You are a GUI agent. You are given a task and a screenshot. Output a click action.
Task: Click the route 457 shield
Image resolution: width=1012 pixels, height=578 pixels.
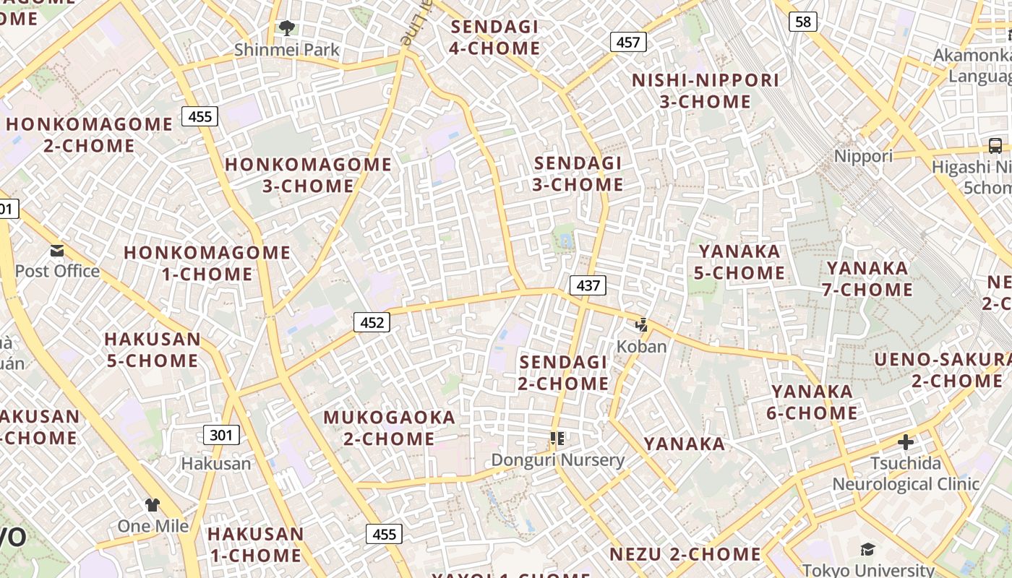pyautogui.click(x=627, y=42)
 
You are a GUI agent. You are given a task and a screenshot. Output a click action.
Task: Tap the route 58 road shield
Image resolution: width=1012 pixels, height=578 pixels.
pyautogui.click(x=802, y=22)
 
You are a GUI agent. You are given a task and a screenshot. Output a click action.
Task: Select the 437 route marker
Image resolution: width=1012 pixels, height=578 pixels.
pyautogui.click(x=588, y=285)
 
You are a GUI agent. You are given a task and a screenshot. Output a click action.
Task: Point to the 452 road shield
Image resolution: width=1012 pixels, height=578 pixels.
pyautogui.click(x=372, y=322)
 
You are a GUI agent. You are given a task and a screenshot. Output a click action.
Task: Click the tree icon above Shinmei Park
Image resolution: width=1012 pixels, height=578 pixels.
pyautogui.click(x=287, y=29)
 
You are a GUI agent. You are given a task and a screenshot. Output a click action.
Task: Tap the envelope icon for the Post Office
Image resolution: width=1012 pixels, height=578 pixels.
pyautogui.click(x=57, y=251)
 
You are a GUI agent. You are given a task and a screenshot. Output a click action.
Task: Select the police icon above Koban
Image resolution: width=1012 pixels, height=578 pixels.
pyautogui.click(x=641, y=326)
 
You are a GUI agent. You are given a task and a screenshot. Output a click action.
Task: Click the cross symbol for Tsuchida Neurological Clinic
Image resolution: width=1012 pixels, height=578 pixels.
pyautogui.click(x=905, y=441)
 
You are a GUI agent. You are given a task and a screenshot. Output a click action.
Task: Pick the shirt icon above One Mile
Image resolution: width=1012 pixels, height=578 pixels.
pyautogui.click(x=153, y=505)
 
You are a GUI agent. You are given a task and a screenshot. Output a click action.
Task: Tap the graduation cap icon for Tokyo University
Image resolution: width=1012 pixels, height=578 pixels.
pyautogui.click(x=867, y=551)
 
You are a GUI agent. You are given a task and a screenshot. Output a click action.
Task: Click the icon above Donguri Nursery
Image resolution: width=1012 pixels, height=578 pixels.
pyautogui.click(x=557, y=439)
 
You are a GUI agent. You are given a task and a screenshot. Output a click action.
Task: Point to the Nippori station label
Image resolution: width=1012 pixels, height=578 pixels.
pyautogui.click(x=863, y=156)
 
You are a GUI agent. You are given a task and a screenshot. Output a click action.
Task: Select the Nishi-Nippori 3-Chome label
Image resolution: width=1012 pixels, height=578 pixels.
pyautogui.click(x=706, y=91)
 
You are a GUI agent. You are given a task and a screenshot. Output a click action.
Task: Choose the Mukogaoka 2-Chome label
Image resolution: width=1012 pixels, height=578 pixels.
pyautogui.click(x=389, y=428)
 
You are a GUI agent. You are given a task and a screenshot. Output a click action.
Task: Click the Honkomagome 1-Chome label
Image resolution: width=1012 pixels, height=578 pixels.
pyautogui.click(x=207, y=263)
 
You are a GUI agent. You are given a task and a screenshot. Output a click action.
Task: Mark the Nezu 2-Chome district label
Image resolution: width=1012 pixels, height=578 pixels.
pyautogui.click(x=685, y=555)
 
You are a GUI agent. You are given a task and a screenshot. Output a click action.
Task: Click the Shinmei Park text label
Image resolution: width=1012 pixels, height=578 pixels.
pyautogui.click(x=287, y=50)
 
